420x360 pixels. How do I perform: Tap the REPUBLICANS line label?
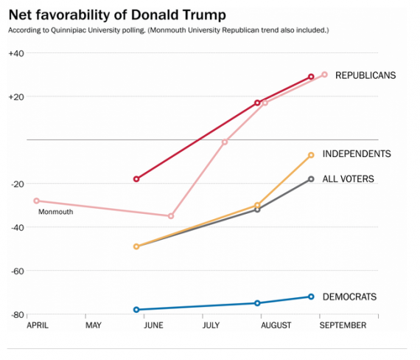click(365, 75)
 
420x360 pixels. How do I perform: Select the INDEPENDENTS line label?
click(357, 153)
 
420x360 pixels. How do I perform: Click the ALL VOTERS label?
click(349, 179)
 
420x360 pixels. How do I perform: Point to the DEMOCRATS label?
click(350, 297)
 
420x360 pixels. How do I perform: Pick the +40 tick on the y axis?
click(17, 53)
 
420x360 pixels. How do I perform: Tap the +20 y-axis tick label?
click(17, 97)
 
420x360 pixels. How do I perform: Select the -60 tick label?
click(17, 271)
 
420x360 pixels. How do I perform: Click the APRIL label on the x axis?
click(39, 325)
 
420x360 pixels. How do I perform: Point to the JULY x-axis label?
click(210, 325)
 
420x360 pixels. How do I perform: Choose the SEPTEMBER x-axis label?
click(342, 325)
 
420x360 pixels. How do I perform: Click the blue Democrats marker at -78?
click(136, 310)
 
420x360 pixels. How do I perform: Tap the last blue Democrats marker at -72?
click(311, 297)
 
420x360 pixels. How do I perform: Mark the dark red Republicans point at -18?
click(136, 179)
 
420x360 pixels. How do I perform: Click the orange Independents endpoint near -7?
click(311, 155)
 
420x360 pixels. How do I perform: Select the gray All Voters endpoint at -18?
click(311, 179)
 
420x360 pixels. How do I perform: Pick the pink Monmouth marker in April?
click(36, 201)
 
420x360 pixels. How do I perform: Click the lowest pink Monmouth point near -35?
click(171, 216)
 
